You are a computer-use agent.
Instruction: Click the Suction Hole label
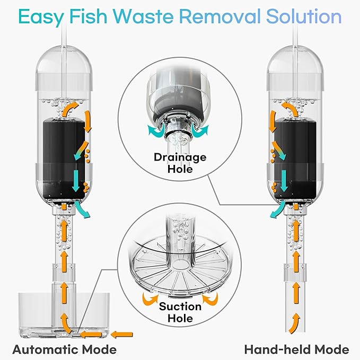[180, 313]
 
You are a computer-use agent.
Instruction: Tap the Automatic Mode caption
[64, 349]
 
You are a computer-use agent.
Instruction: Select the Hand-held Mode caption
[296, 349]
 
